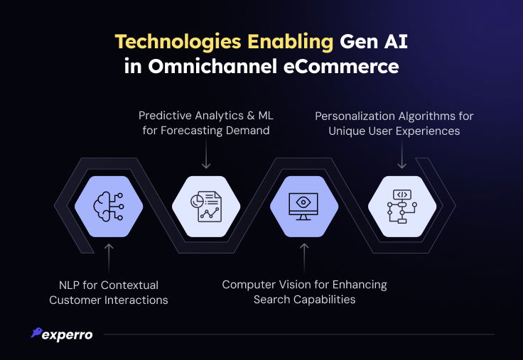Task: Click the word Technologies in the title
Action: coord(178,43)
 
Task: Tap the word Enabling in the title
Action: coord(290,43)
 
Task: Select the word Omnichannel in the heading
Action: coord(212,66)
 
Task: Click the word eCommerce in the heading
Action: coord(341,66)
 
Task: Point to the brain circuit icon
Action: coord(109,207)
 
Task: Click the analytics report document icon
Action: coord(206,207)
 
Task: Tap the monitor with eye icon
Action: coord(303,207)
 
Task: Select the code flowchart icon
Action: coord(402,207)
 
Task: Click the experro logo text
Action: coord(68,335)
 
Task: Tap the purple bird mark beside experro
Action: coord(37,332)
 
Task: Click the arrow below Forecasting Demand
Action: coord(206,153)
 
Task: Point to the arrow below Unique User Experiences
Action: coord(402,154)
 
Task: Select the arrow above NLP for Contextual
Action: coord(109,258)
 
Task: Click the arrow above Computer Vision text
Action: coord(304,258)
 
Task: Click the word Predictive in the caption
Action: coord(165,116)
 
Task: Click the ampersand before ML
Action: coord(251,116)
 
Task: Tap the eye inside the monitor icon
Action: coord(303,202)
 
